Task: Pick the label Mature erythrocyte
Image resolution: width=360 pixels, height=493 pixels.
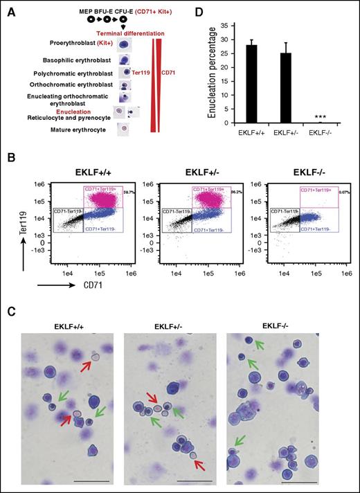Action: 75,129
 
